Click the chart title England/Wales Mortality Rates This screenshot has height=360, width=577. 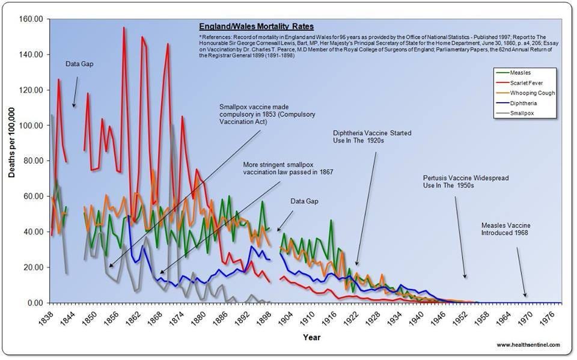tap(257, 27)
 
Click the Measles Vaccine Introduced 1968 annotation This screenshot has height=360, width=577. tap(506, 229)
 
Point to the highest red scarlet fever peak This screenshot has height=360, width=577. tap(124, 28)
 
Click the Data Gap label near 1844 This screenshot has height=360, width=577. tap(79, 64)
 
